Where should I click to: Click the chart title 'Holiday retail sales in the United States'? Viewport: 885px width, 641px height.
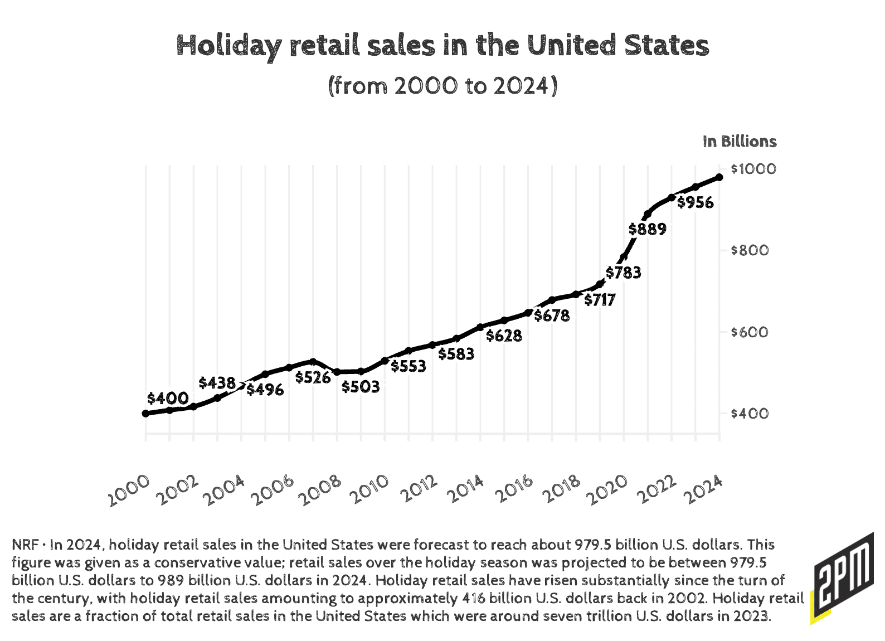(442, 46)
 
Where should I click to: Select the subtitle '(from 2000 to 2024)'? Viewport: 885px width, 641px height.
(442, 86)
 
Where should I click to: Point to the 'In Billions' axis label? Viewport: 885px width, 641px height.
(740, 142)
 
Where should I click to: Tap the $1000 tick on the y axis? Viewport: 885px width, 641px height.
(753, 169)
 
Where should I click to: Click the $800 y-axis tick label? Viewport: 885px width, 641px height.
(750, 250)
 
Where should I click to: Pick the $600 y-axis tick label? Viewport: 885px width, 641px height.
(750, 332)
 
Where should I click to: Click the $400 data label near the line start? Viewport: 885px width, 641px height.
(168, 398)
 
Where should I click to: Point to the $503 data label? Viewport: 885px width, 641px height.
(361, 386)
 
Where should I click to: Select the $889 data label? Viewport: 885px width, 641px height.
(647, 229)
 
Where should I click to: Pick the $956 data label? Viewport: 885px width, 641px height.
(695, 202)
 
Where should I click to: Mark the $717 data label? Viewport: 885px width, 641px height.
(600, 300)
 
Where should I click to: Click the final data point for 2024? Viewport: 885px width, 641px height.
(719, 177)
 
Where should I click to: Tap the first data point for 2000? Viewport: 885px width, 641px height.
(145, 414)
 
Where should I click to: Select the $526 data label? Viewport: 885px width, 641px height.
(313, 377)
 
